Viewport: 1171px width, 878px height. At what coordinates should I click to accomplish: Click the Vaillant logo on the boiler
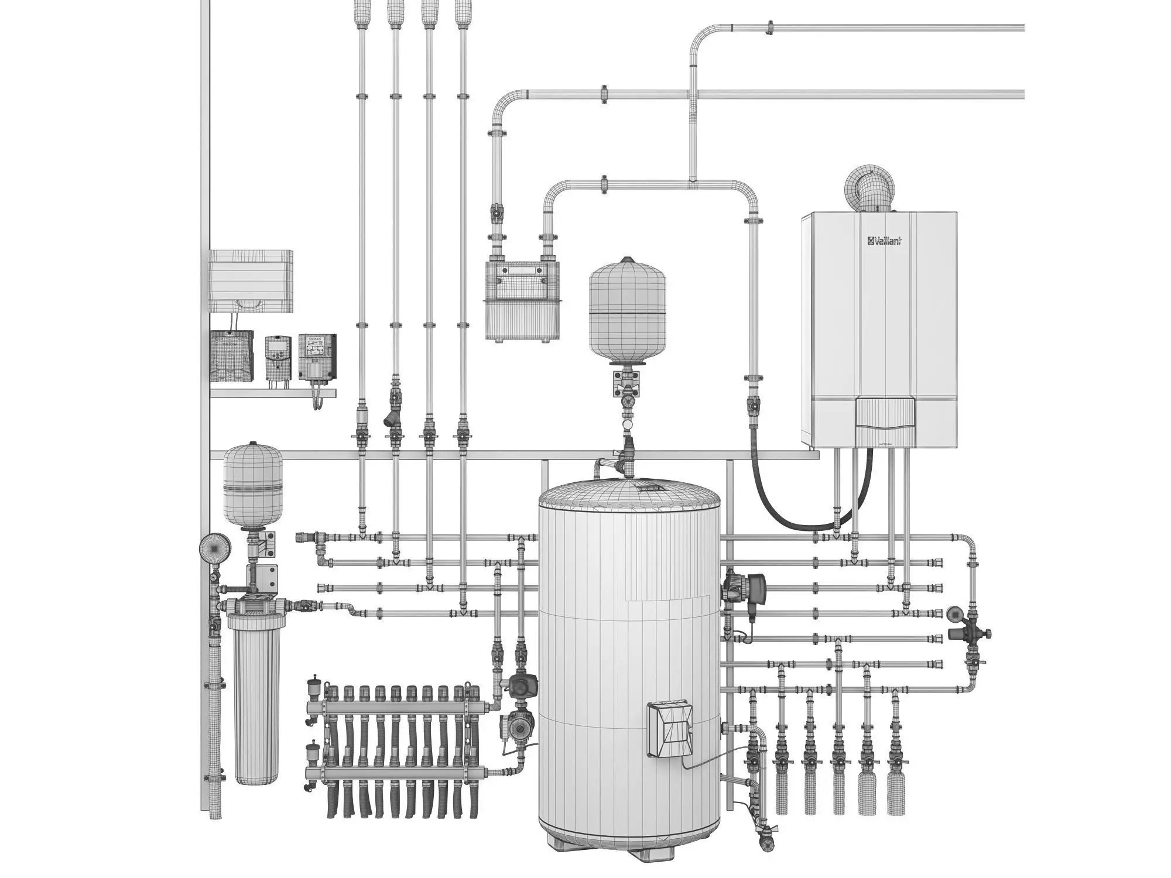(884, 241)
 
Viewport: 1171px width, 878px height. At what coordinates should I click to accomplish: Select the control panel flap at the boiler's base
(884, 419)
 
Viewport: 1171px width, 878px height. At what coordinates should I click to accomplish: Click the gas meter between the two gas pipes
(522, 300)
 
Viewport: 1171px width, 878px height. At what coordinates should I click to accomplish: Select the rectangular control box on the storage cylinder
(670, 729)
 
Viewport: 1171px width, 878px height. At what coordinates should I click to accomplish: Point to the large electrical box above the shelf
(251, 281)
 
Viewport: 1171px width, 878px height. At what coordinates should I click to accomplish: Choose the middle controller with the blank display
(278, 357)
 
